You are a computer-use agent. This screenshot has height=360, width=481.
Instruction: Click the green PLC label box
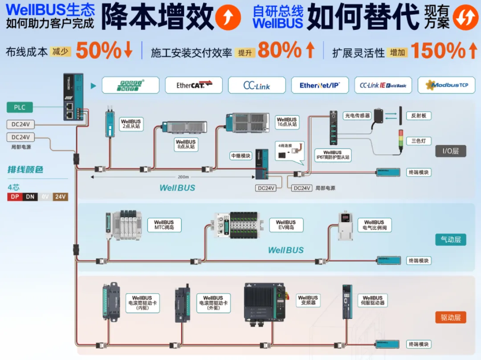click(20, 107)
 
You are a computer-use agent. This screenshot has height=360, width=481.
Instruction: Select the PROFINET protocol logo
click(130, 85)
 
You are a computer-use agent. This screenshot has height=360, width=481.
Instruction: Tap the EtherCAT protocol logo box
click(194, 85)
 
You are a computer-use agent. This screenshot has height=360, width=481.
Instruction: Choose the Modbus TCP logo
click(446, 85)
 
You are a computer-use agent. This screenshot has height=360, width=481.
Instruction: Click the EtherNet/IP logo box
click(320, 85)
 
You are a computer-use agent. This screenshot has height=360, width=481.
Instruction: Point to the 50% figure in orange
click(98, 51)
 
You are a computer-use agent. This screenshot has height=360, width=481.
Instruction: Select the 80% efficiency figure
click(280, 51)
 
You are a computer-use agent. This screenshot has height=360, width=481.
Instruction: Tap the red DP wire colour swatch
click(15, 196)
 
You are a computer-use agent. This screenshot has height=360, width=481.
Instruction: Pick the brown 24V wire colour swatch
click(60, 196)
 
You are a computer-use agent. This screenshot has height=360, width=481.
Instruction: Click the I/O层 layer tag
click(450, 151)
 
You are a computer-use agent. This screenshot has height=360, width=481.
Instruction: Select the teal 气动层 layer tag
click(450, 240)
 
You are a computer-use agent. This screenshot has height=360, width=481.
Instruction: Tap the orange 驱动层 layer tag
click(450, 317)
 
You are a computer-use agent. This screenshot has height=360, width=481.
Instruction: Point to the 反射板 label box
click(419, 116)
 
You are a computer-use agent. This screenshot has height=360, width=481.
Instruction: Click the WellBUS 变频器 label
click(308, 301)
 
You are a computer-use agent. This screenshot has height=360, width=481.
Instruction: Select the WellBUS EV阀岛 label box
click(285, 225)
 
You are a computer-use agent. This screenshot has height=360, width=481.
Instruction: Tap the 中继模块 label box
click(240, 156)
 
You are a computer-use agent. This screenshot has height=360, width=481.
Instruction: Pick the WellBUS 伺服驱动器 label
click(372, 301)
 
